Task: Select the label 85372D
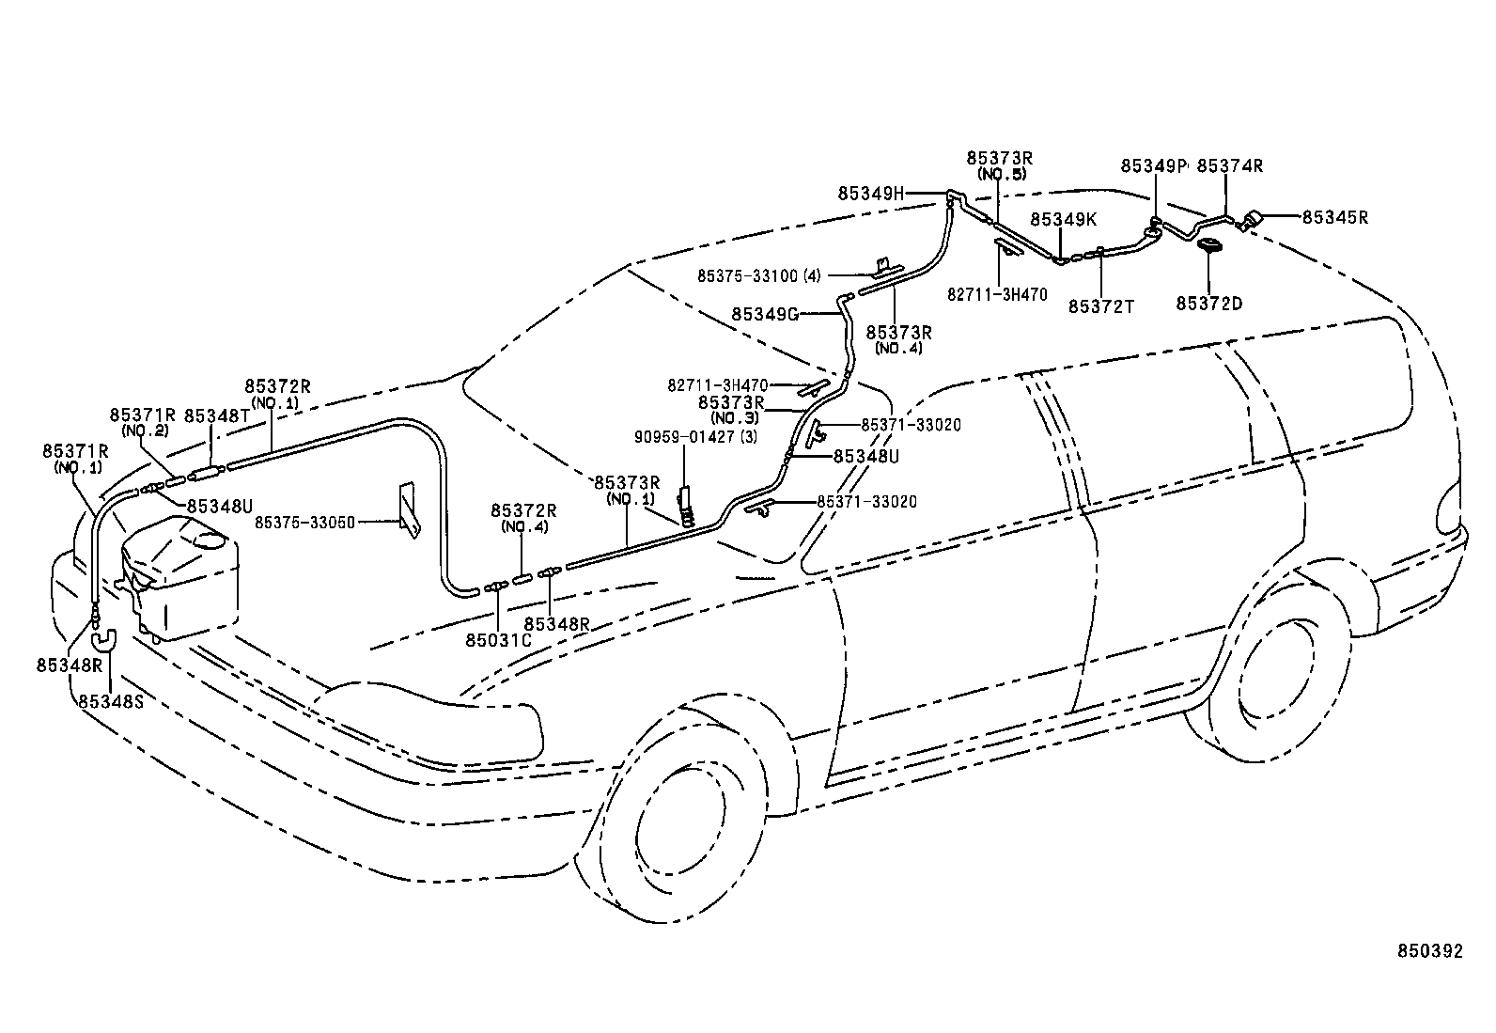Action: (x=1208, y=303)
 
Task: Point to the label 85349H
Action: (x=870, y=193)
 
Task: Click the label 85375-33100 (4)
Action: (x=758, y=275)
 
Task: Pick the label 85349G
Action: (x=764, y=314)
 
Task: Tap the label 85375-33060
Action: (x=304, y=522)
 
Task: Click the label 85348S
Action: (x=111, y=700)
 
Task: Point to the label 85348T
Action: (x=217, y=415)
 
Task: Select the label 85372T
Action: (x=1101, y=305)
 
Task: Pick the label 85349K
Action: (x=1063, y=219)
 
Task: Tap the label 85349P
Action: (x=1153, y=166)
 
